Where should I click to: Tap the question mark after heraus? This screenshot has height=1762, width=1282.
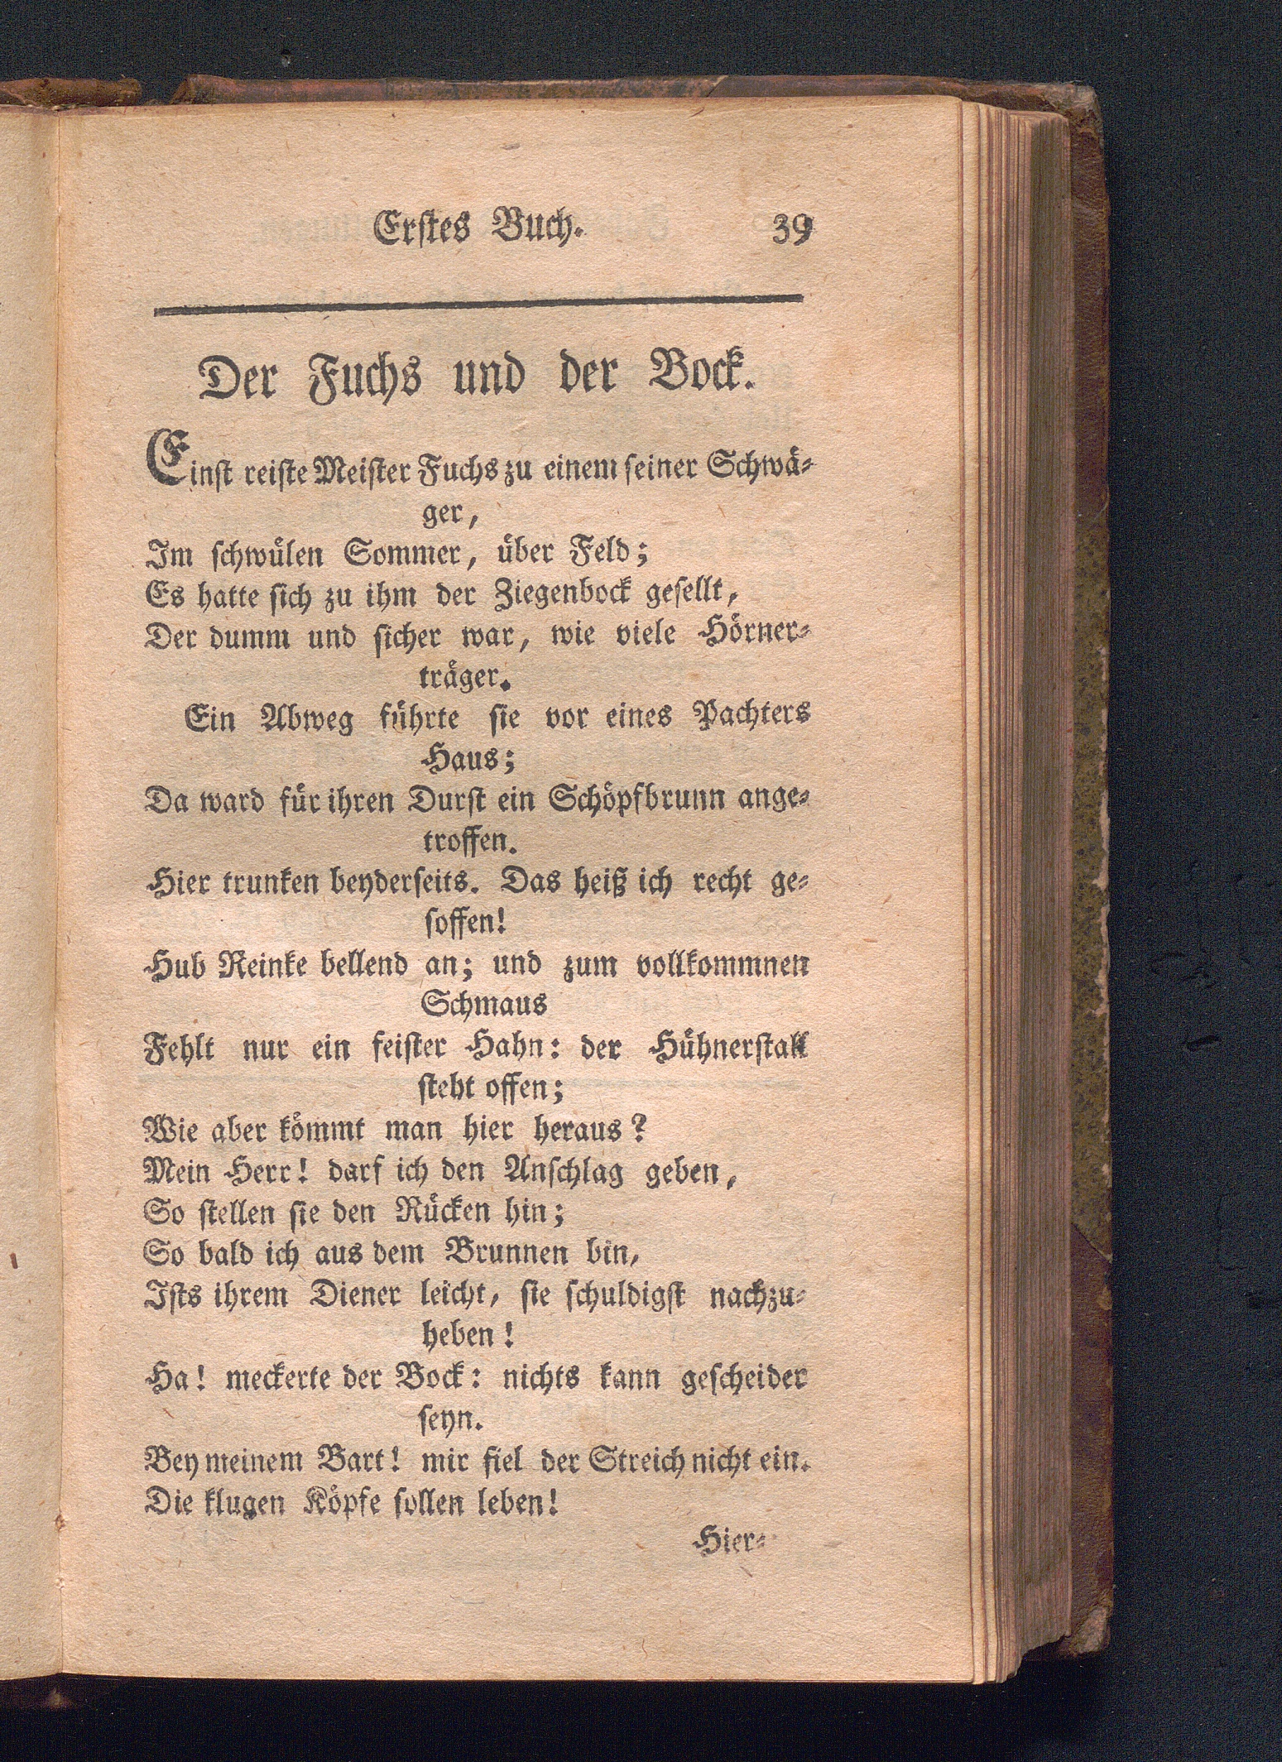pos(637,1130)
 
